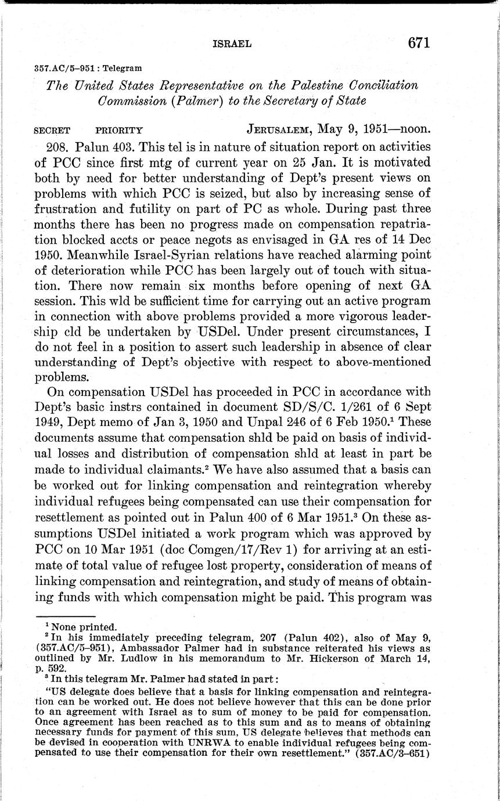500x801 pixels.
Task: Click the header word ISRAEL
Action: [232, 44]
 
